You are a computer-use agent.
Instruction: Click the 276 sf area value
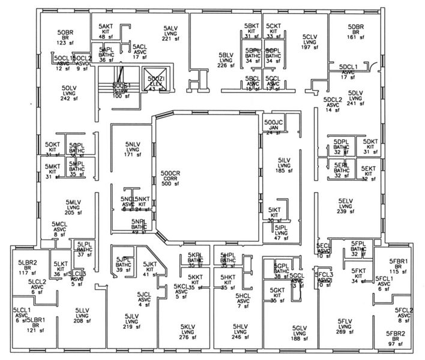click(188, 338)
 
